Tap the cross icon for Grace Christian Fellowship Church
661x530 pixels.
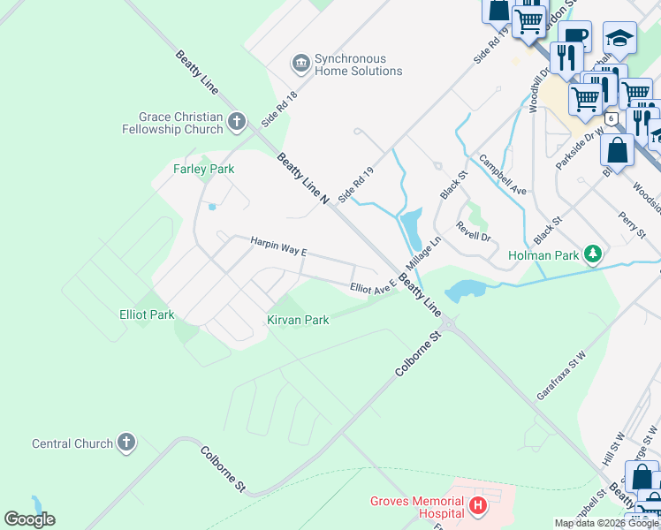pyautogui.click(x=236, y=121)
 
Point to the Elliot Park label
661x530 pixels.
pyautogui.click(x=147, y=314)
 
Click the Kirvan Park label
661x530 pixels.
pyautogui.click(x=299, y=320)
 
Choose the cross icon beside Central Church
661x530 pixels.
pyautogui.click(x=126, y=443)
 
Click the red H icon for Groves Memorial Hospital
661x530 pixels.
pyautogui.click(x=478, y=506)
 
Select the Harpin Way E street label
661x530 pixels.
pyautogui.click(x=277, y=245)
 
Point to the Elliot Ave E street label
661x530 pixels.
pyautogui.click(x=373, y=289)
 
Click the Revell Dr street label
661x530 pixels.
pyautogui.click(x=473, y=231)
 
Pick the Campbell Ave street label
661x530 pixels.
pyautogui.click(x=502, y=175)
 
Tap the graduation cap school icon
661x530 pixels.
pyautogui.click(x=620, y=39)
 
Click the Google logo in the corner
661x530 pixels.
pyautogui.click(x=29, y=519)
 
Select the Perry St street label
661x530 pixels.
pyautogui.click(x=633, y=225)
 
